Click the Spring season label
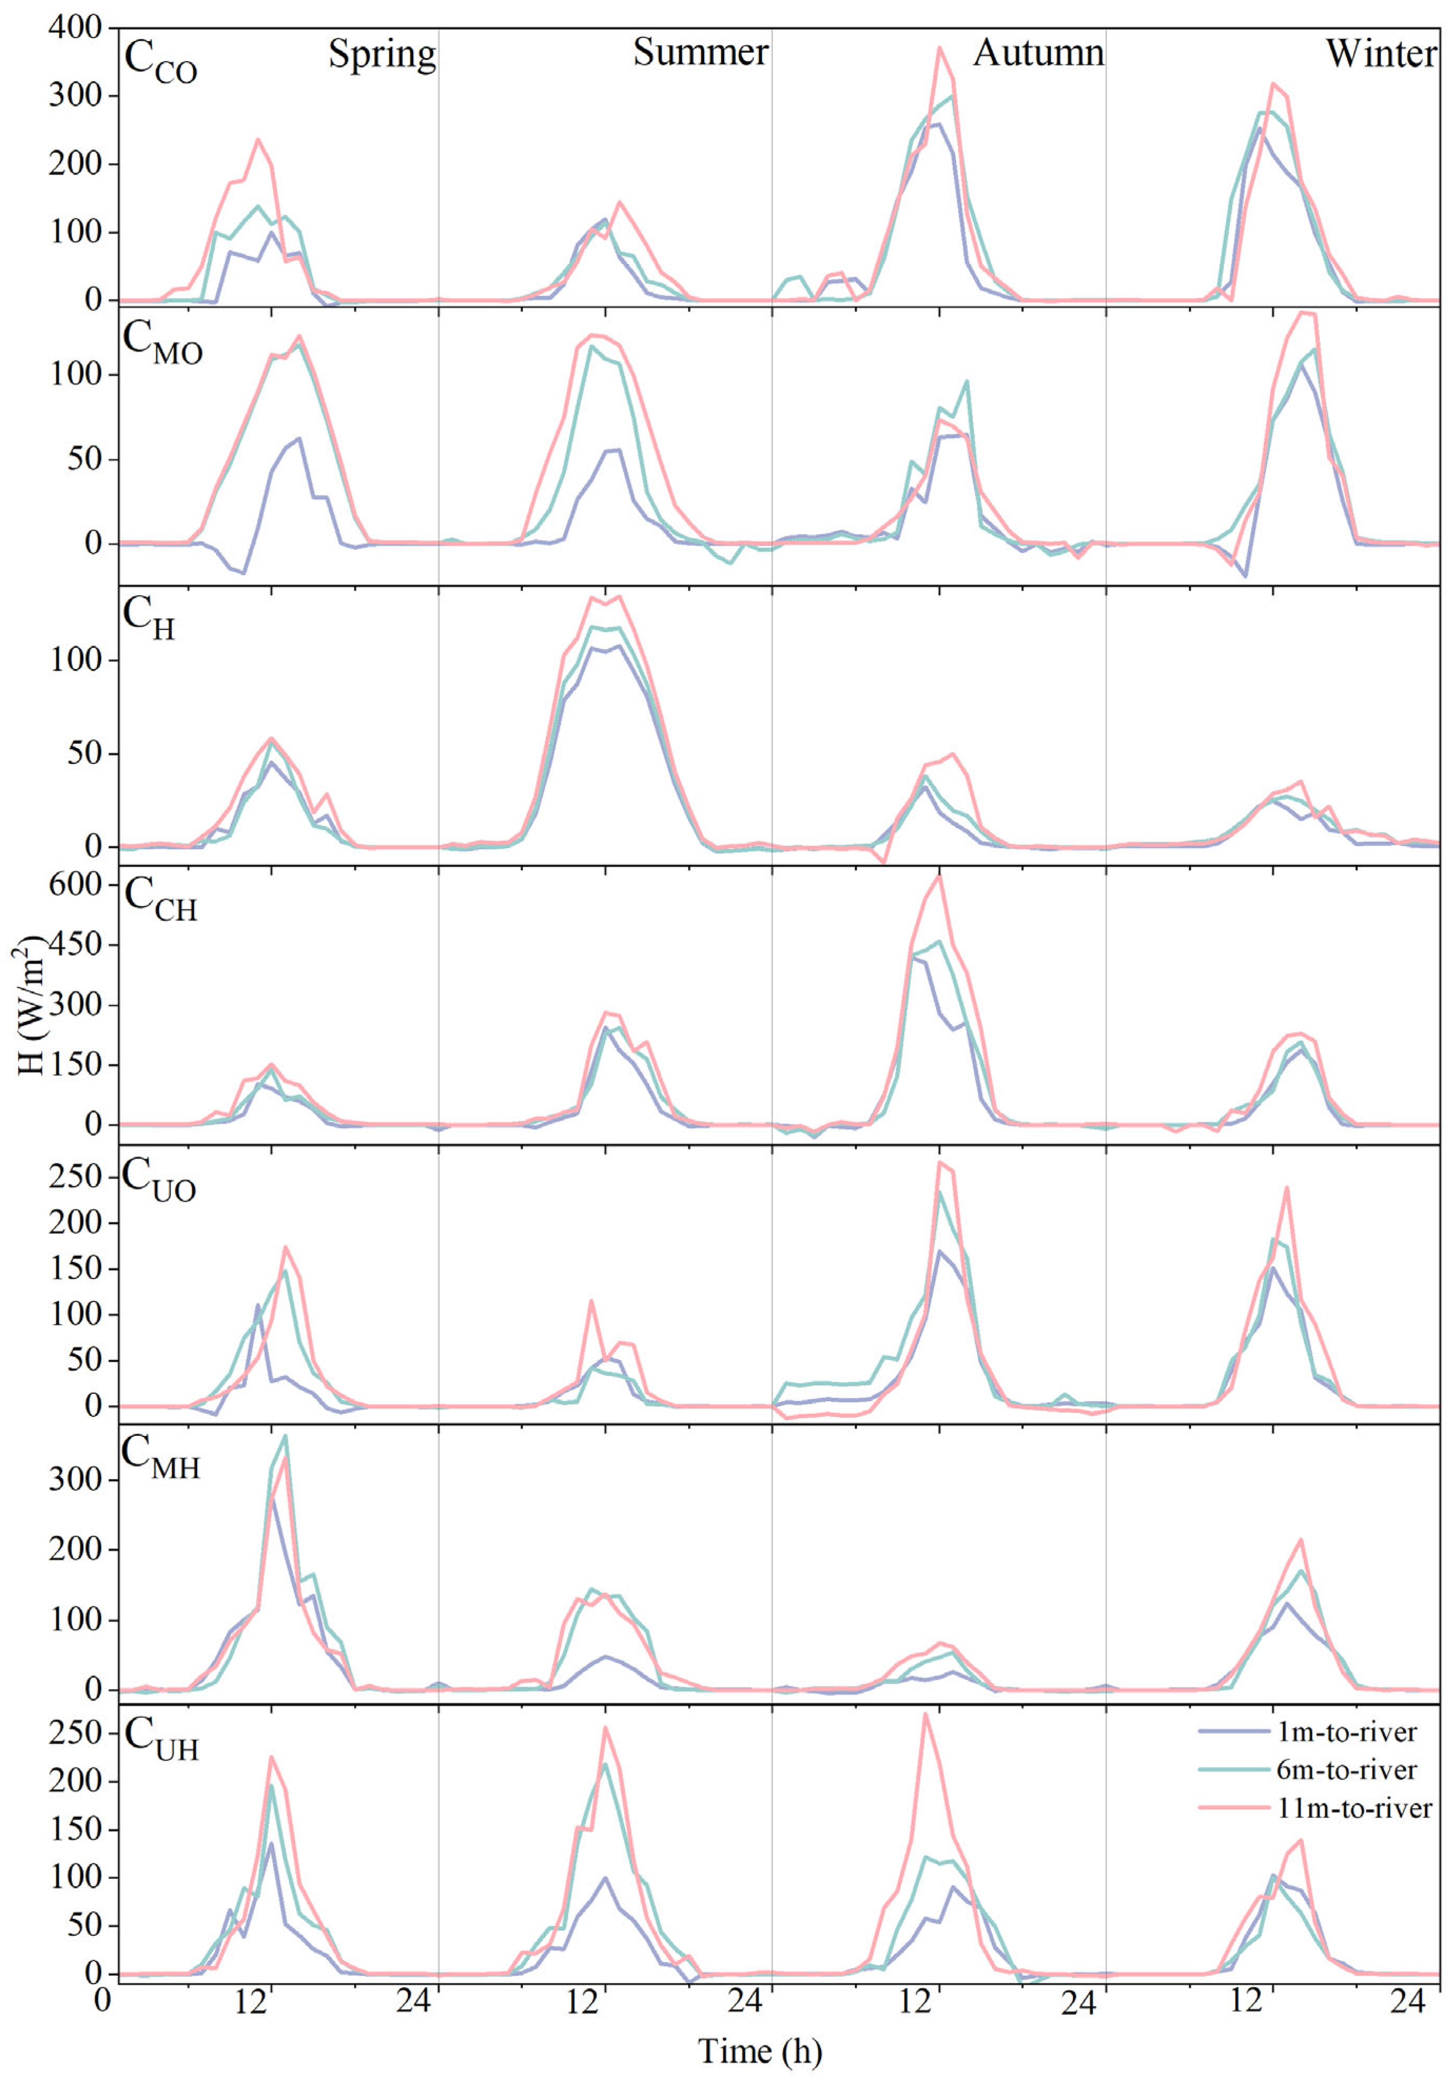[x=382, y=55]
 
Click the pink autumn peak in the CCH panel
[x=940, y=875]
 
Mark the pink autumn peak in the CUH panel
[x=925, y=1714]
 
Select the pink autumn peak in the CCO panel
[x=940, y=47]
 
